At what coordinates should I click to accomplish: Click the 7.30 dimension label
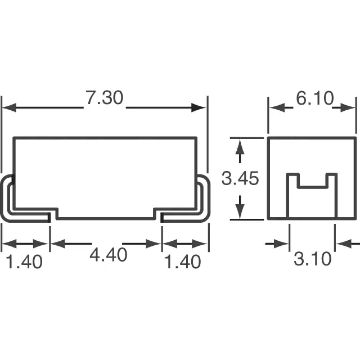click(x=105, y=98)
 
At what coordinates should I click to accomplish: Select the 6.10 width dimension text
click(x=315, y=98)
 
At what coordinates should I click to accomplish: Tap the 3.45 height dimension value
click(x=240, y=178)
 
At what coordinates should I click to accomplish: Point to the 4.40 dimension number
click(x=108, y=255)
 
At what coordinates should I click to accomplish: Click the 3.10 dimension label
click(x=313, y=259)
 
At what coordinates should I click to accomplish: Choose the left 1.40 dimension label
click(x=24, y=262)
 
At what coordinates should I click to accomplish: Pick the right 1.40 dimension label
click(x=183, y=262)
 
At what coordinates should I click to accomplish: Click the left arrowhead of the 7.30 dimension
click(x=9, y=107)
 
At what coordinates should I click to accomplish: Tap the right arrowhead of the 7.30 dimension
click(x=199, y=107)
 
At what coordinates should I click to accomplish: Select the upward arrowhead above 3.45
click(x=240, y=146)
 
